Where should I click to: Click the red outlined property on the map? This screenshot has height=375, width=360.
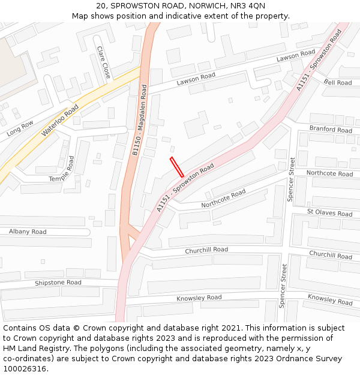[x=177, y=167]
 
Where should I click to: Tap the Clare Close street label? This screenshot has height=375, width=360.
[x=103, y=62]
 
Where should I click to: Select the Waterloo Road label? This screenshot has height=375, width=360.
[x=60, y=121]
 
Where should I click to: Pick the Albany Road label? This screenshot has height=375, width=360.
[x=28, y=232]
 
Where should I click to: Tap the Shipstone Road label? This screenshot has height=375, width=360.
[x=58, y=283]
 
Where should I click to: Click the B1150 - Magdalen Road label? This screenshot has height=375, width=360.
[x=139, y=121]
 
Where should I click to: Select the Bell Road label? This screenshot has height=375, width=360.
[x=338, y=82]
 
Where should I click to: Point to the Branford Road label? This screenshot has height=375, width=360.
[x=331, y=130]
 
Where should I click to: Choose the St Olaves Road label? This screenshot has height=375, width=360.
[x=329, y=213]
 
